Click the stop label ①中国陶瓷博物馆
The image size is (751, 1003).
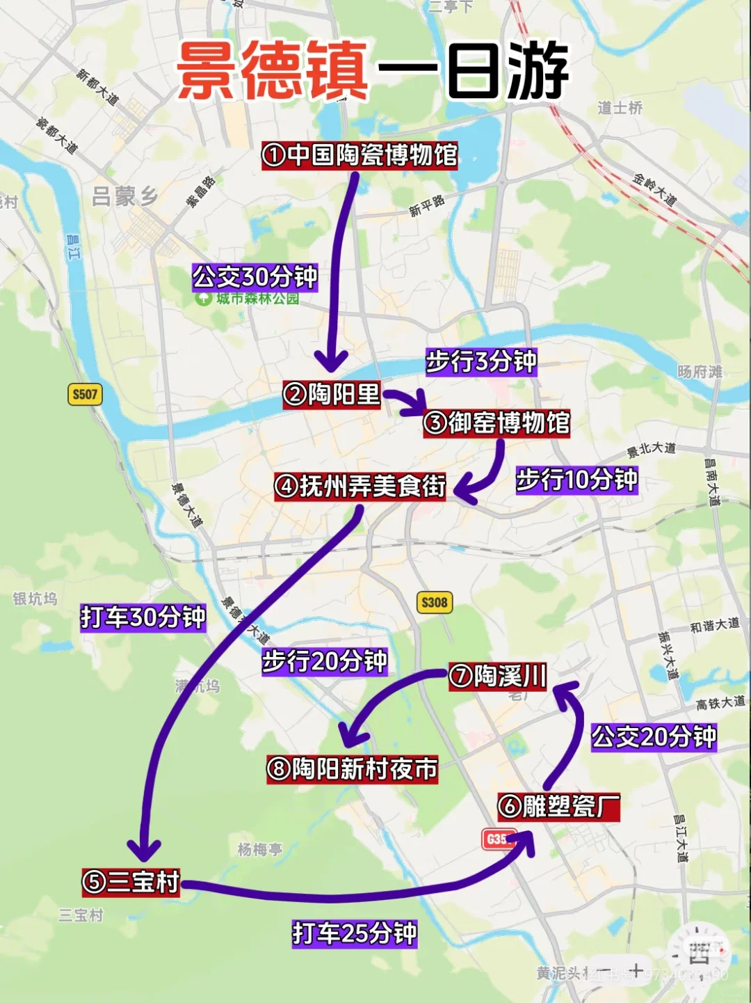tap(360, 155)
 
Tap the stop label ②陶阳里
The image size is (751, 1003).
tap(332, 395)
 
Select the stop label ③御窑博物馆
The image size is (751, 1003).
tap(496, 423)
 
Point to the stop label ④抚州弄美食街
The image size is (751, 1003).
tap(360, 486)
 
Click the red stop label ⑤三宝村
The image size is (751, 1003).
tap(131, 882)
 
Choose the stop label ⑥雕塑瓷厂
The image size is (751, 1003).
tap(558, 807)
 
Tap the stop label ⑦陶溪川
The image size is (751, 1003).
tap(498, 676)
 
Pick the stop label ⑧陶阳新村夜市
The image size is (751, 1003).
tap(353, 769)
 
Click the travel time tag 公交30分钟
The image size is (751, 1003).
tap(255, 277)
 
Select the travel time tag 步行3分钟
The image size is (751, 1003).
tap(481, 361)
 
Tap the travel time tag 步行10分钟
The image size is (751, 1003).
tap(576, 480)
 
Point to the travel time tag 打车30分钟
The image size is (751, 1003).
tap(143, 617)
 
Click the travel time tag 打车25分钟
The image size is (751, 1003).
tap(355, 933)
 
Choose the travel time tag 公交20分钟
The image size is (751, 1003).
tap(654, 736)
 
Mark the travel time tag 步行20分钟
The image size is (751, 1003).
tap(324, 661)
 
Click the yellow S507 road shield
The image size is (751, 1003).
tap(85, 395)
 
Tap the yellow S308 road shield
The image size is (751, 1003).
tap(435, 602)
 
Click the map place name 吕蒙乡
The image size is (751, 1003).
tap(125, 197)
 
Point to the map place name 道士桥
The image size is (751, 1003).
tap(620, 108)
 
